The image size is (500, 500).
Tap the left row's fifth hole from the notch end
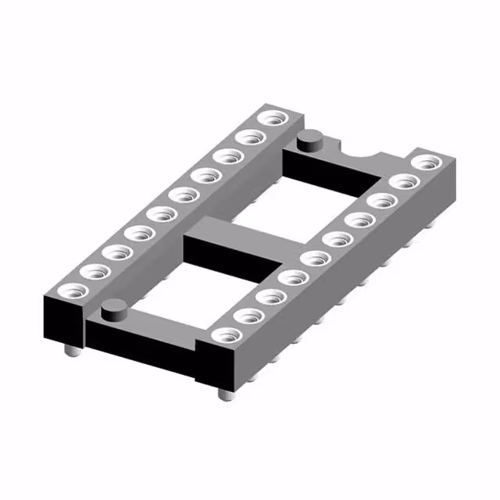pos(184,195)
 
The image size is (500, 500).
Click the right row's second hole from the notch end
pos(404,182)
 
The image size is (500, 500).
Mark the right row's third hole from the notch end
pos(381,201)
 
